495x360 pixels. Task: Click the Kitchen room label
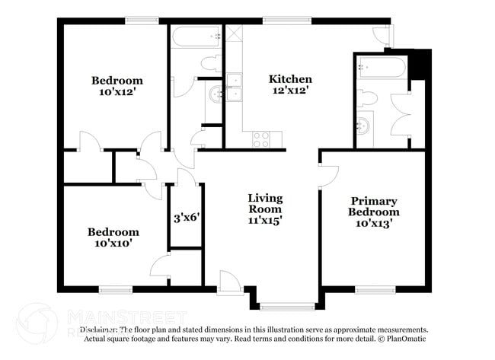[290, 79]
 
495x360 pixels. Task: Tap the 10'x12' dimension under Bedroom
[117, 92]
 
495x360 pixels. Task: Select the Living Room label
[264, 203]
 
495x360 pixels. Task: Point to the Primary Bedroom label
[374, 206]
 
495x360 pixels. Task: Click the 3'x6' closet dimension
[187, 218]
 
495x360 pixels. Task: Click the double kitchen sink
[234, 88]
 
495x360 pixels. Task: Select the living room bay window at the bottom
[286, 307]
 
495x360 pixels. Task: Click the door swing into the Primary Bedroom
[328, 176]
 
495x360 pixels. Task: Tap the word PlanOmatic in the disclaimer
[408, 339]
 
